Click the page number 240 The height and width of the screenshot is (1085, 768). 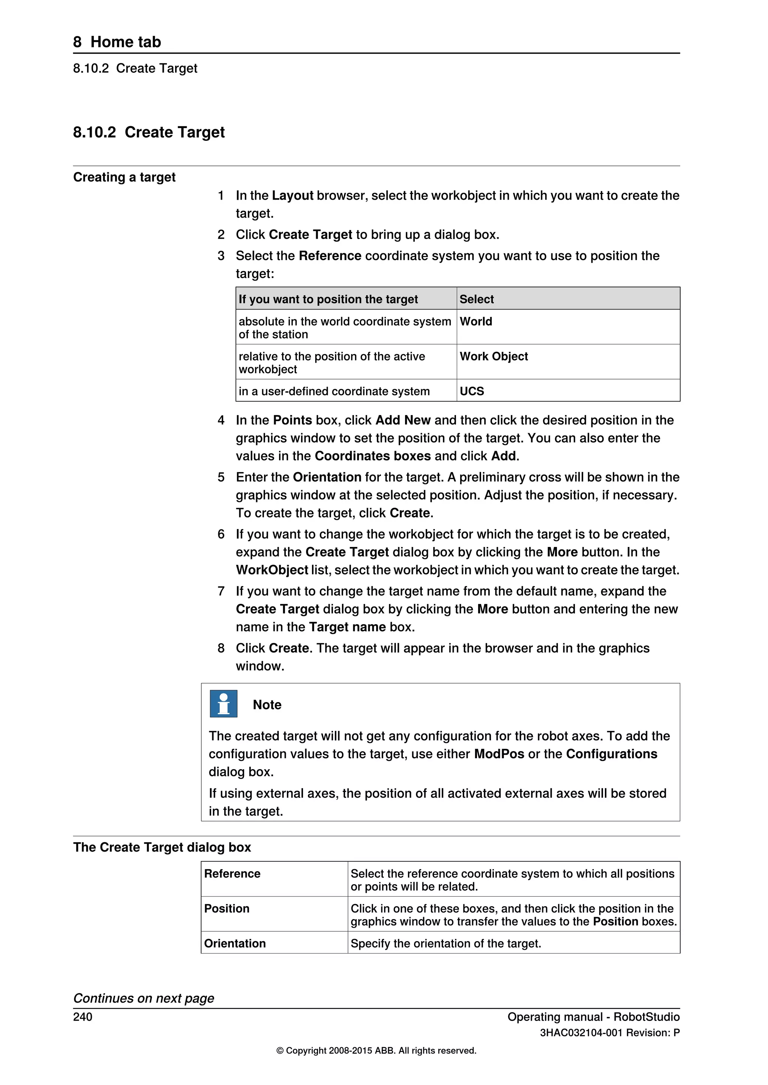pos(83,1016)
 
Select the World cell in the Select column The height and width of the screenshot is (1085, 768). pos(476,321)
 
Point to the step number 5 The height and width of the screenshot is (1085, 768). pos(221,477)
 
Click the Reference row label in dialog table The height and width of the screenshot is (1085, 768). pos(232,873)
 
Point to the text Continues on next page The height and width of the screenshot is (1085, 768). pos(143,998)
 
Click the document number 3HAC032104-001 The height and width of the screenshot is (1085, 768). pos(581,1033)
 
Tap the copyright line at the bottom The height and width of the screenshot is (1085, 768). pos(376,1051)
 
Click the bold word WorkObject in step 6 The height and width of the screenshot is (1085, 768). pos(272,570)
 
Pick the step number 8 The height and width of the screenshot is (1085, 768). pos(221,649)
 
